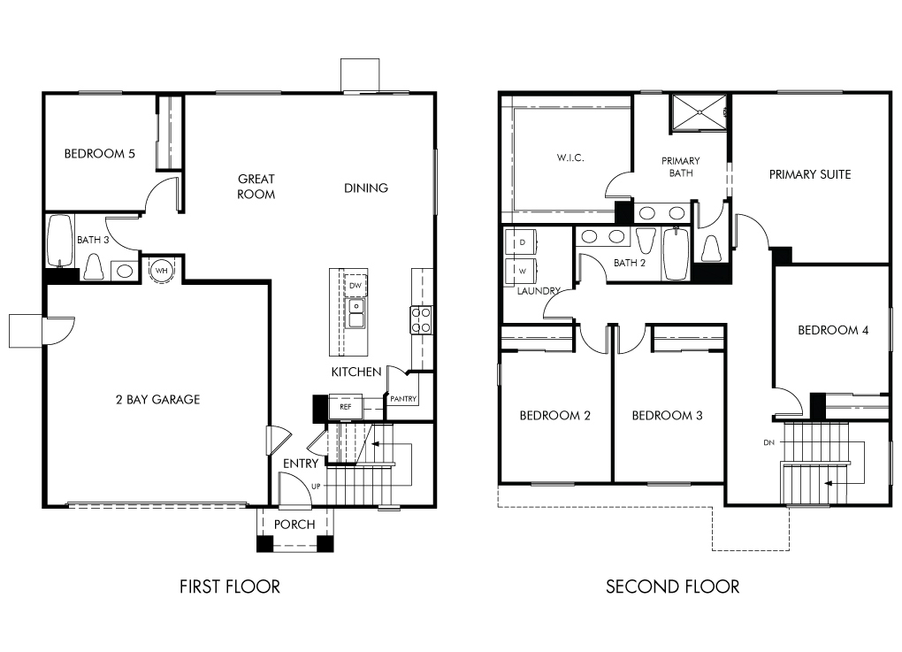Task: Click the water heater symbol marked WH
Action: point(162,270)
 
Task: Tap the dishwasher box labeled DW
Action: point(355,286)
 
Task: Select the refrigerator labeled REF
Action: point(345,407)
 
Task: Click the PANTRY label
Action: point(402,399)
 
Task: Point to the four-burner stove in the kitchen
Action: point(421,320)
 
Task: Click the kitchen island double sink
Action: point(356,314)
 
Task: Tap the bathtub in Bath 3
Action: point(60,242)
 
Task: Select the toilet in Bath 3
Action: point(93,266)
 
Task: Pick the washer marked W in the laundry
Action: point(521,272)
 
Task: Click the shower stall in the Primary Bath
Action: point(699,113)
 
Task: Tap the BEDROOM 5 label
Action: point(100,154)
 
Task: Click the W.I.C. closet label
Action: point(570,157)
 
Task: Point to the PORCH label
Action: point(294,525)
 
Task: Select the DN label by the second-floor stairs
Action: point(768,442)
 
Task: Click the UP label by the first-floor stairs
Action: point(316,487)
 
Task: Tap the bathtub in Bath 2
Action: point(676,253)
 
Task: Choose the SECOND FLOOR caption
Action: point(672,587)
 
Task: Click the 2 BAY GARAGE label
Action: point(157,399)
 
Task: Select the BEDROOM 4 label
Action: point(833,330)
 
